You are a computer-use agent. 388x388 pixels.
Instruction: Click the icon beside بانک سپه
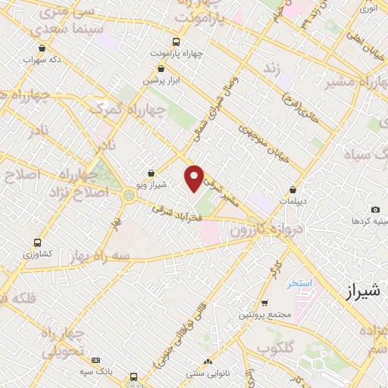pos(95,360)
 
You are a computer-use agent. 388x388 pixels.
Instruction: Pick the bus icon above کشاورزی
pos(37,243)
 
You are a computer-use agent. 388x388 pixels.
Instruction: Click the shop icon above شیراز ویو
pos(152,173)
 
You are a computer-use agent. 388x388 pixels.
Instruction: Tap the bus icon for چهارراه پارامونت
pos(176,42)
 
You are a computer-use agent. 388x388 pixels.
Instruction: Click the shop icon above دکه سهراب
pos(41,48)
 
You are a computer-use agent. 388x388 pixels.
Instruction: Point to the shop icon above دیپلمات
pos(293,190)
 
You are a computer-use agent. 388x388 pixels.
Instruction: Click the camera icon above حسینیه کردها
pos(374,209)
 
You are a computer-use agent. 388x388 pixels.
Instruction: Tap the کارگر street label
pos(277,267)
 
